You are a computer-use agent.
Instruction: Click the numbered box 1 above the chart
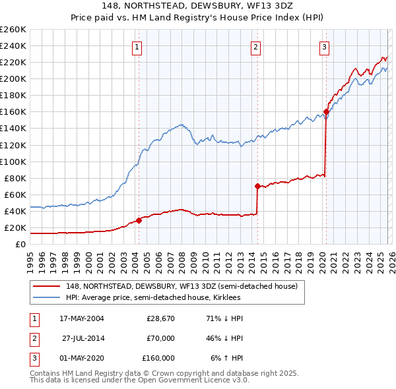[137, 47]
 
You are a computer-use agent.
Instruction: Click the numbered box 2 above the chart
[255, 47]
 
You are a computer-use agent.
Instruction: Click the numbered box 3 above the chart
[325, 47]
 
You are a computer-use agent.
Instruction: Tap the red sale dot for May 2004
[139, 220]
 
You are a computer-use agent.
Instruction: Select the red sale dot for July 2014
[257, 186]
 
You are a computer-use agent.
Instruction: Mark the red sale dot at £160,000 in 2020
[326, 111]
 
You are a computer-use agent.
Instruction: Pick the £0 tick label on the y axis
[20, 244]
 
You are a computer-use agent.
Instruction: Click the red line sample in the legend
[48, 286]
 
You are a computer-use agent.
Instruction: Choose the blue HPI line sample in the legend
[48, 297]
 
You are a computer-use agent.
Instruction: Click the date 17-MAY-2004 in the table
[82, 318]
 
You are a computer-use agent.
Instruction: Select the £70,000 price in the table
[160, 338]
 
